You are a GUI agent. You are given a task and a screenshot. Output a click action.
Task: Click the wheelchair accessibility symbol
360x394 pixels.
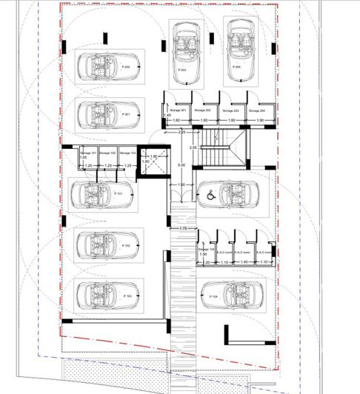tap(210, 196)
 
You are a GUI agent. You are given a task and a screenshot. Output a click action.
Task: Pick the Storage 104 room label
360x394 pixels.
tap(207, 251)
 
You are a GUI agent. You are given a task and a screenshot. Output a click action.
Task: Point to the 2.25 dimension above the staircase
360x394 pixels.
tap(182, 132)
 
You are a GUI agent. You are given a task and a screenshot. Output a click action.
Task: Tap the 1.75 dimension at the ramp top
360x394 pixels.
tap(182, 228)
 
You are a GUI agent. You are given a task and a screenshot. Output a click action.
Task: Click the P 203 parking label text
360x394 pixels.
tap(181, 69)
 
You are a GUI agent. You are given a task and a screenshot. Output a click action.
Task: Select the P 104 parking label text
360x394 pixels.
tap(214, 295)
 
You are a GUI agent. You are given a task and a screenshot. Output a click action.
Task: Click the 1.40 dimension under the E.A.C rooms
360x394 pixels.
tap(244, 261)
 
